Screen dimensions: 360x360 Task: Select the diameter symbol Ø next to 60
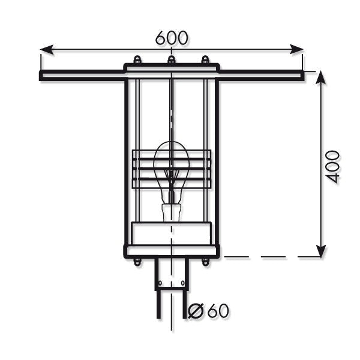point(195,311)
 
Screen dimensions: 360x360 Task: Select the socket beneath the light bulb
point(172,212)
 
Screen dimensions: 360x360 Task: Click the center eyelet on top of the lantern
point(172,60)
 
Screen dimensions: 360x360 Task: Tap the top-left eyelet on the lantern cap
point(137,60)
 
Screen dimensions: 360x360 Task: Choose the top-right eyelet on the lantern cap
point(205,60)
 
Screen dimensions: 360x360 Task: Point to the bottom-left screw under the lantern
point(137,261)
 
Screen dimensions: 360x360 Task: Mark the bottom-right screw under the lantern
point(206,261)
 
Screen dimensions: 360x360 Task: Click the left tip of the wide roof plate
point(41,75)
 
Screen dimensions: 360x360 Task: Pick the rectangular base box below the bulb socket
point(172,233)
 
